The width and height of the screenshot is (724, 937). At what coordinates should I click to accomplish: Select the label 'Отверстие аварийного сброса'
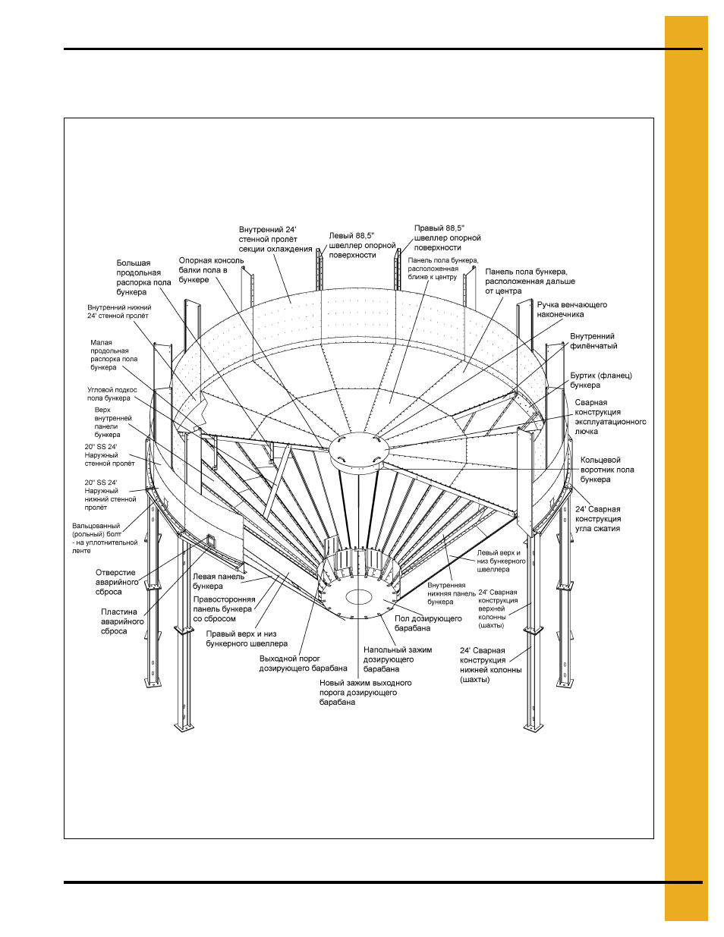pyautogui.click(x=117, y=582)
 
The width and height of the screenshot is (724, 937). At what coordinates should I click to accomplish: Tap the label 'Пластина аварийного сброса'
pyautogui.click(x=122, y=621)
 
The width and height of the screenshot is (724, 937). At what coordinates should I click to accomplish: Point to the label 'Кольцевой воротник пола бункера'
pyautogui.click(x=607, y=470)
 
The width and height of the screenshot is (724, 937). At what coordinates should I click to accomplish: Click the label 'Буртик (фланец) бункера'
pyautogui.click(x=601, y=380)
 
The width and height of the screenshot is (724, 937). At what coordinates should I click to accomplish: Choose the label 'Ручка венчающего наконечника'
pyautogui.click(x=571, y=309)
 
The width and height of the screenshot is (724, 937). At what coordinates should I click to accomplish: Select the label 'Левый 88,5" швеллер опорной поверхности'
pyautogui.click(x=362, y=245)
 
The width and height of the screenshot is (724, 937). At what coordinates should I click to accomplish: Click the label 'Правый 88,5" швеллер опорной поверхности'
pyautogui.click(x=447, y=237)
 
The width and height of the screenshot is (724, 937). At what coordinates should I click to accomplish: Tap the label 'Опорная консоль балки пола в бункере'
pyautogui.click(x=211, y=270)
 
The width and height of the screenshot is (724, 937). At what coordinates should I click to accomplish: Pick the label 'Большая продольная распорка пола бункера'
pyautogui.click(x=143, y=277)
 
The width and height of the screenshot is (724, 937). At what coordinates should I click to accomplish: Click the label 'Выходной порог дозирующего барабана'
pyautogui.click(x=303, y=664)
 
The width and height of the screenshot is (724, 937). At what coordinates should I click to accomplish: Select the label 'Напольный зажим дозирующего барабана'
pyautogui.click(x=397, y=659)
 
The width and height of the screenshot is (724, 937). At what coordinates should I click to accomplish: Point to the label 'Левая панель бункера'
pyautogui.click(x=219, y=581)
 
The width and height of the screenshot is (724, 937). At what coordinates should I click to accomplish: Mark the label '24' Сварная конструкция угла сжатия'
pyautogui.click(x=598, y=519)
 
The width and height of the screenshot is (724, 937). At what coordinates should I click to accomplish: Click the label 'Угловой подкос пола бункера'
pyautogui.click(x=112, y=394)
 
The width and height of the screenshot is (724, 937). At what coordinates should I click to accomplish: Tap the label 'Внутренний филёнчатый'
pyautogui.click(x=593, y=341)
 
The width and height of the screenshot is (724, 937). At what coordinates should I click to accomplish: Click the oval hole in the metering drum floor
pyautogui.click(x=359, y=597)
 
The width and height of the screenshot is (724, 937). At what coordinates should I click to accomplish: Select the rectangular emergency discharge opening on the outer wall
pyautogui.click(x=211, y=540)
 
